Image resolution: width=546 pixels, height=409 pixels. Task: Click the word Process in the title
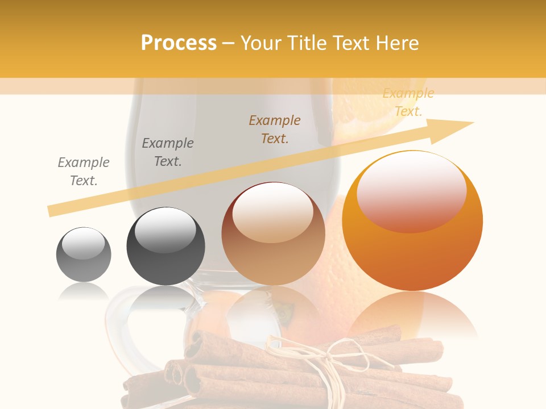179,43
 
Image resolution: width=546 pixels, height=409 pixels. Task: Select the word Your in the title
261,43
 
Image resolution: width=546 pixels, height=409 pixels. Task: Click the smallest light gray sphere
84,254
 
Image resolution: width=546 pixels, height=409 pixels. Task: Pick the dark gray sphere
166,247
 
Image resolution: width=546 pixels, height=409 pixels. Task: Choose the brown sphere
273,234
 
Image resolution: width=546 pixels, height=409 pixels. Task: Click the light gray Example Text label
84,171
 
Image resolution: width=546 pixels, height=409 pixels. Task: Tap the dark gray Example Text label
168,152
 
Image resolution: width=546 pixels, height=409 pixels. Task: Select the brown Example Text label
275,129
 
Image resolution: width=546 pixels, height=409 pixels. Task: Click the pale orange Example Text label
408,102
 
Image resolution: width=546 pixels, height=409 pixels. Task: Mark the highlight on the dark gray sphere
165,230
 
